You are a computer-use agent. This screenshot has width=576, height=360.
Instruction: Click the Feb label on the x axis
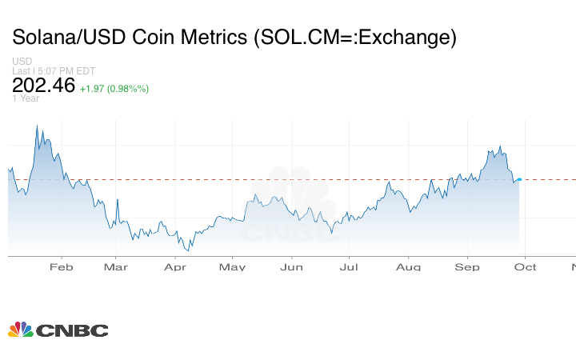tap(61, 267)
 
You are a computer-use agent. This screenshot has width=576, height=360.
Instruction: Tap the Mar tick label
tap(116, 267)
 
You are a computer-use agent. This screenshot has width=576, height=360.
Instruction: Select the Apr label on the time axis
tap(175, 267)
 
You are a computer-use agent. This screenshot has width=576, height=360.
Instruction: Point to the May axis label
tap(232, 267)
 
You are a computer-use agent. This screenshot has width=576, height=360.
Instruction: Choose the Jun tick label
tap(291, 267)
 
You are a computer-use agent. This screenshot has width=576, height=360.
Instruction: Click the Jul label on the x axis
tap(348, 267)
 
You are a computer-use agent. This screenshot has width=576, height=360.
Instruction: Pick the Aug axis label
tap(409, 267)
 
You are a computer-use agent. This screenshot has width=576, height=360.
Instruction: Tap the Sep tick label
tap(467, 267)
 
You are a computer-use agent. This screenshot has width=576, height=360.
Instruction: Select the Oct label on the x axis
tap(525, 267)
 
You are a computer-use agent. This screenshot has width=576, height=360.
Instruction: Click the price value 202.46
tap(42, 86)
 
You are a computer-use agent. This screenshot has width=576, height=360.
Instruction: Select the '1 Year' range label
tap(25, 99)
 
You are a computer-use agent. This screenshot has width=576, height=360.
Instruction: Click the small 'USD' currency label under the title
tap(21, 62)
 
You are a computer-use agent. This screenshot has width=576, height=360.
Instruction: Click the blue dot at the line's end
tap(519, 179)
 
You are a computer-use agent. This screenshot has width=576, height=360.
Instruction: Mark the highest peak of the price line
tap(37, 126)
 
